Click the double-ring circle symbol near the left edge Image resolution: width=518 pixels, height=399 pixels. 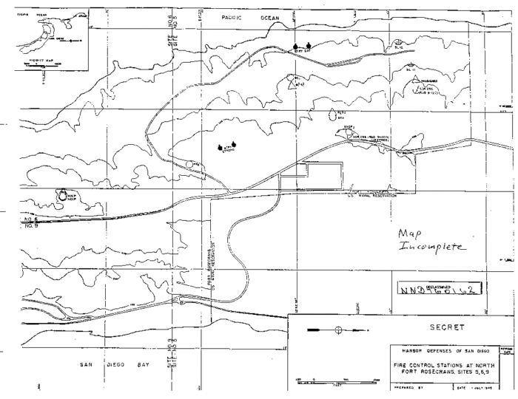[61, 195]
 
